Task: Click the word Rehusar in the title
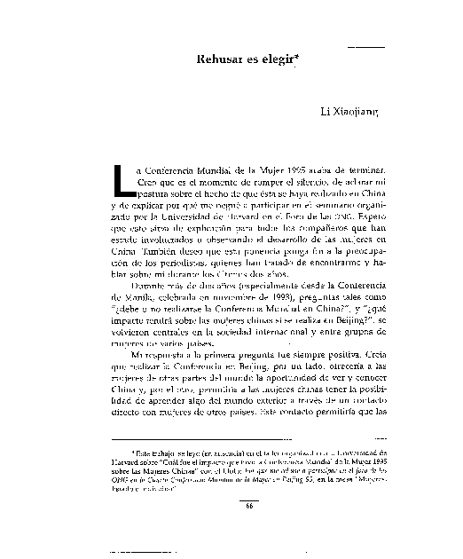(x=216, y=59)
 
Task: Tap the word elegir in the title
(x=279, y=59)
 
